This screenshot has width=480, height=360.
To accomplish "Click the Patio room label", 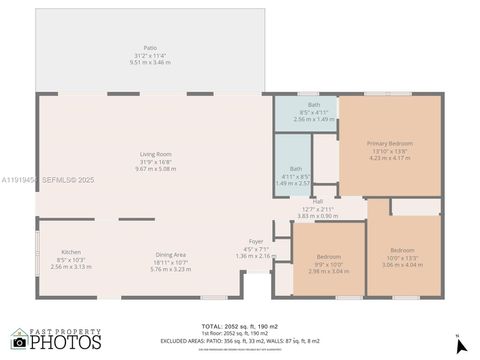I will click(150, 48).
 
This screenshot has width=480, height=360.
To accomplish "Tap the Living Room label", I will click(155, 154).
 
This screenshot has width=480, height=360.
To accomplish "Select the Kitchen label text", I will click(70, 252).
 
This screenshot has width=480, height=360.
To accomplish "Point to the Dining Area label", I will click(170, 254).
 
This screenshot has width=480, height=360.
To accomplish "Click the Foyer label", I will click(256, 241).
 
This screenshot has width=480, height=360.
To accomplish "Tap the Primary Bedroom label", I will click(389, 144).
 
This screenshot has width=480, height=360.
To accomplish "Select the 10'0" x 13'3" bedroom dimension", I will click(402, 258).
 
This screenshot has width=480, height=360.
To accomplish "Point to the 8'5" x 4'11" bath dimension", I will click(314, 112).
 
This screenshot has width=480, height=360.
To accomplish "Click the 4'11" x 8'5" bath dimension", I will click(295, 176).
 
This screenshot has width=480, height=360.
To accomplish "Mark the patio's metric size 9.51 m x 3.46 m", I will click(150, 62).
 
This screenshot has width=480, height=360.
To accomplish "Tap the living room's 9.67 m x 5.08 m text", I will click(155, 169).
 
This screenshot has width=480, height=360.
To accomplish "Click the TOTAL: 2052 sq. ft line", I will click(240, 326).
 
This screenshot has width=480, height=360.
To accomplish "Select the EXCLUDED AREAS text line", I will click(240, 341).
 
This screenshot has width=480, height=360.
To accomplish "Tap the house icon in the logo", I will click(18, 339).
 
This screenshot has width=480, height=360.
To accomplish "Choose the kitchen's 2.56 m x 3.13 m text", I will click(70, 267).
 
